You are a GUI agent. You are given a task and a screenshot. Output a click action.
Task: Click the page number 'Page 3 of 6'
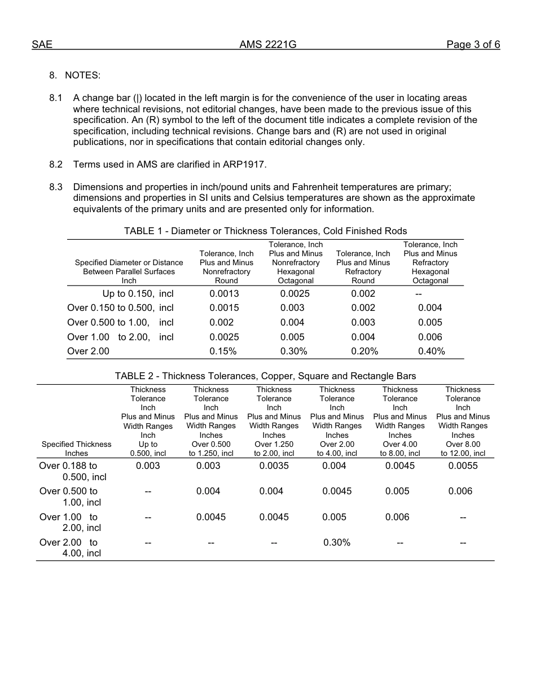[473, 45]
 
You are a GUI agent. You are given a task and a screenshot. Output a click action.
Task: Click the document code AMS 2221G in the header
[267, 45]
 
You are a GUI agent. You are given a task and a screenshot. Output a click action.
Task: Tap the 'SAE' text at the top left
[42, 45]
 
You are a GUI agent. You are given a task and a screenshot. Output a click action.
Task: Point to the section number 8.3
[56, 187]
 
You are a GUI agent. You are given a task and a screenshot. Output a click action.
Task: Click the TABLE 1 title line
[265, 231]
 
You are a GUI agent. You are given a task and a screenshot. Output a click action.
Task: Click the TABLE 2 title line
[265, 376]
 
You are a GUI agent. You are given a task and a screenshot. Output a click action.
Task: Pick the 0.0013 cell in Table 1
[224, 294]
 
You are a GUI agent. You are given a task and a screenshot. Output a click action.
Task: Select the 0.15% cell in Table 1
[223, 352]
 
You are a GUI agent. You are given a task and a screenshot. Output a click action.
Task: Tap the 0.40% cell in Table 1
[431, 352]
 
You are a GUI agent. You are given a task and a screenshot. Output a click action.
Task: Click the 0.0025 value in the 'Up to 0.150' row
[295, 294]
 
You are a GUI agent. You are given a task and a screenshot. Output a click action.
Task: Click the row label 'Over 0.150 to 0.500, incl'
[120, 308]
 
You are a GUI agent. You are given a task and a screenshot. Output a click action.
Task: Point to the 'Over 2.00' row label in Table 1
[88, 352]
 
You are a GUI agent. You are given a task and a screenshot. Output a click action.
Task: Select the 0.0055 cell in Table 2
[463, 466]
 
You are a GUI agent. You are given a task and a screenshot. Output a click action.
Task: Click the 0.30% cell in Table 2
[337, 543]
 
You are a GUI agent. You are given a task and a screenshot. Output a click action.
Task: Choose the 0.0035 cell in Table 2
[274, 466]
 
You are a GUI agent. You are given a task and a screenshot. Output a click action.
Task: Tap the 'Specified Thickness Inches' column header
[77, 449]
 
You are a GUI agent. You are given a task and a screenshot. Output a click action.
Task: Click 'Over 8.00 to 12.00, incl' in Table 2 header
[463, 449]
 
